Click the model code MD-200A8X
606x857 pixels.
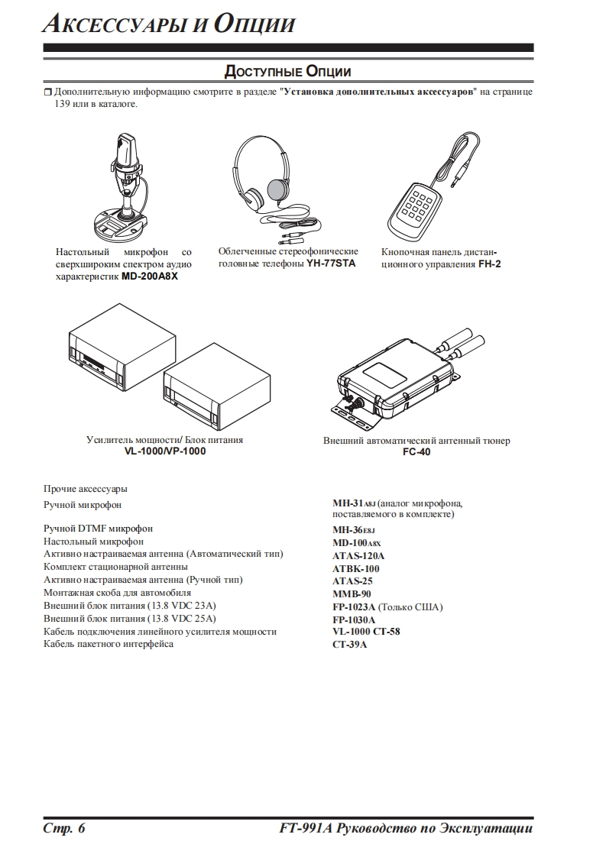(150, 276)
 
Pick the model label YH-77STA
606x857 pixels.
(331, 264)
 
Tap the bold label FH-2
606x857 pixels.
(489, 264)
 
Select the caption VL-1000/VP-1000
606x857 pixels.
(165, 451)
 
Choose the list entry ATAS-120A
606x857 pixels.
(358, 556)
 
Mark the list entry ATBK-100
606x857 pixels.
(356, 568)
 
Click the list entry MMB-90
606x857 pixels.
(352, 593)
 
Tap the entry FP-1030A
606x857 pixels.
(354, 619)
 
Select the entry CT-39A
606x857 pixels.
(350, 644)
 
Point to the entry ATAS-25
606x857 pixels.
(353, 580)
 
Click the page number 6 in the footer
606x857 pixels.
(80, 830)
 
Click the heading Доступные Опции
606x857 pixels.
(287, 72)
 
